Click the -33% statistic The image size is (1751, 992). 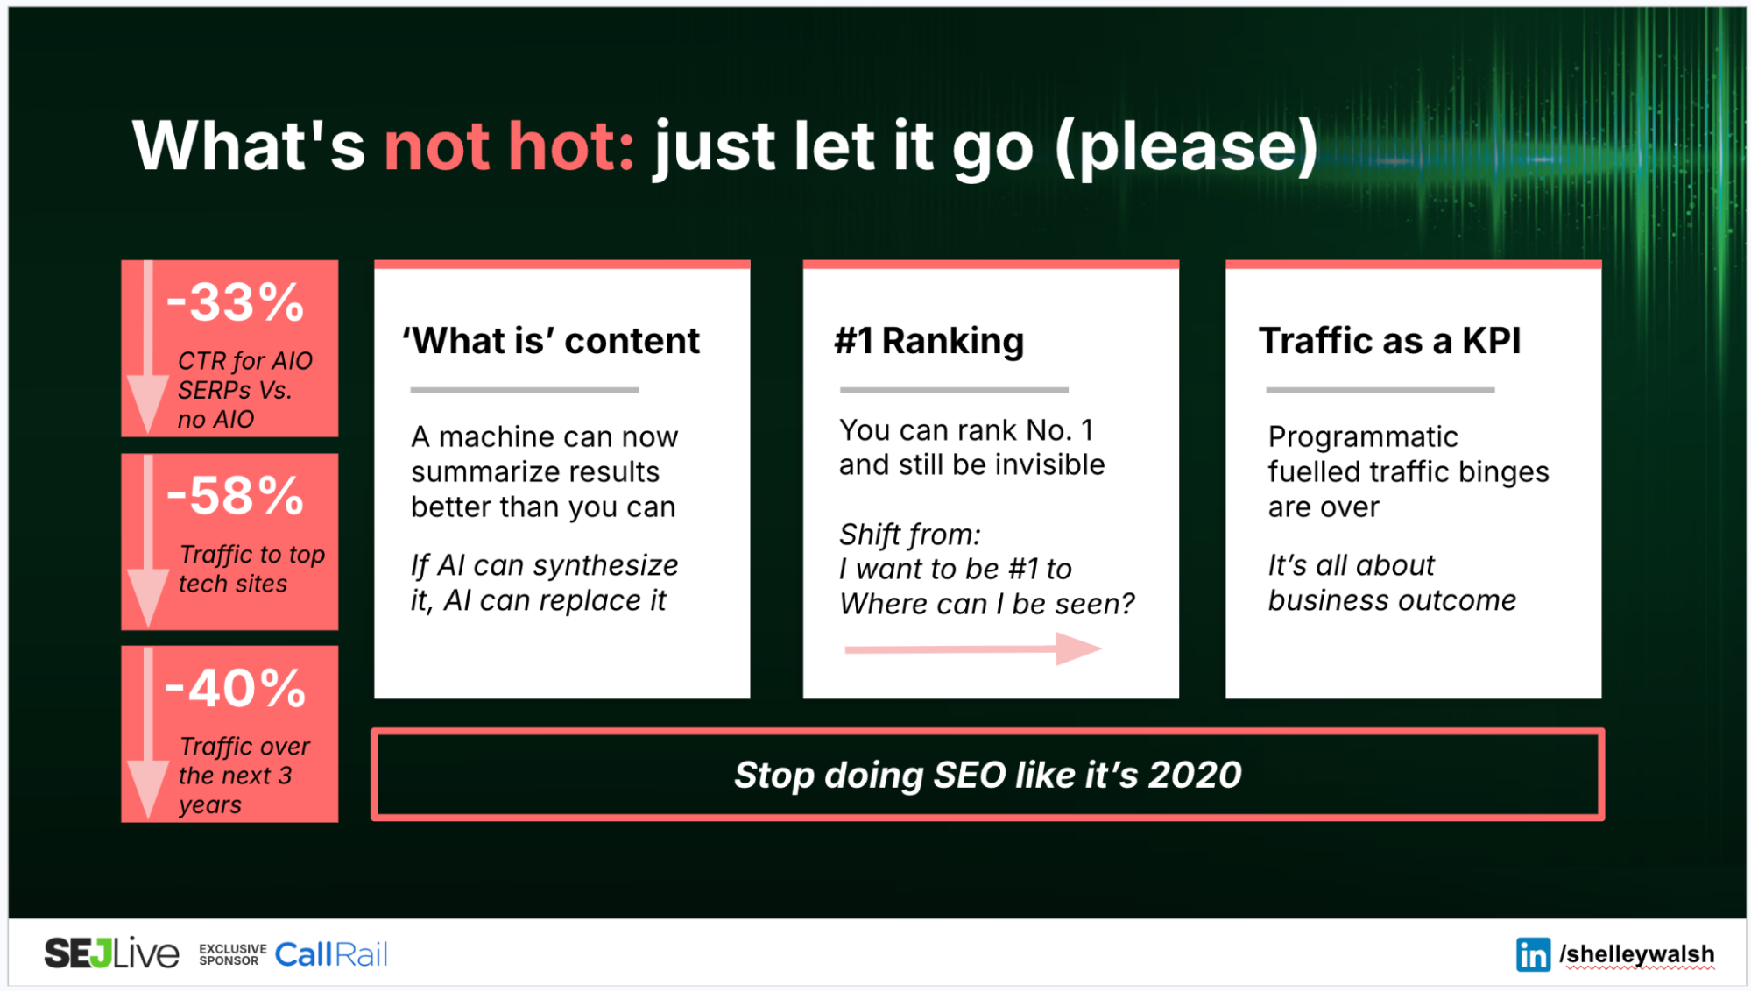235,303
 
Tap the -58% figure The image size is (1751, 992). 235,496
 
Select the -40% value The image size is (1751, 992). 235,689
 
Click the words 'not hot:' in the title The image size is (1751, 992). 509,145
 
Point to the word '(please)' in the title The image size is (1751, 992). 1187,145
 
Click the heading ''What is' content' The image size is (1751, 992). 551,341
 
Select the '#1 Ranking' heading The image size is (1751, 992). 928,341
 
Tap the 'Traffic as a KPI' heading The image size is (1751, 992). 1389,341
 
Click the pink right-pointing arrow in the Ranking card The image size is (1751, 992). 972,649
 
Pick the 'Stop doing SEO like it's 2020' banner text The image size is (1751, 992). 987,775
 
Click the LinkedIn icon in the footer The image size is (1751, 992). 1533,954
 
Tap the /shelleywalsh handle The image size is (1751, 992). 1636,954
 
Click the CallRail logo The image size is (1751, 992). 331,954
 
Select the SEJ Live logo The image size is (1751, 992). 111,953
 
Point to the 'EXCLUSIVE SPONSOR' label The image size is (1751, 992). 232,954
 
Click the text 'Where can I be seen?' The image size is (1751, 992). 986,604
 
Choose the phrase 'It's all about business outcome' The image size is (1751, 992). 1391,583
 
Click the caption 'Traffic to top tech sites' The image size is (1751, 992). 251,569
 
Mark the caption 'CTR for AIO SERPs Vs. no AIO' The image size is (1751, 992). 244,390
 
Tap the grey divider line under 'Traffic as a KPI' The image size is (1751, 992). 1380,390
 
